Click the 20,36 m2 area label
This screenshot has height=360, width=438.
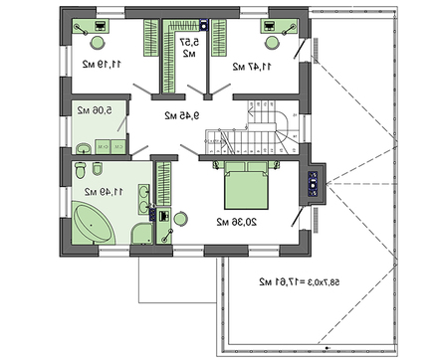[x=231, y=220]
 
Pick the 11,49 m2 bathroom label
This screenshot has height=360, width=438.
[x=103, y=190]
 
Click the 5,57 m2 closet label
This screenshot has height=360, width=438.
[x=190, y=48]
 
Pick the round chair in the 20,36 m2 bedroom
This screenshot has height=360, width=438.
[x=180, y=218]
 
